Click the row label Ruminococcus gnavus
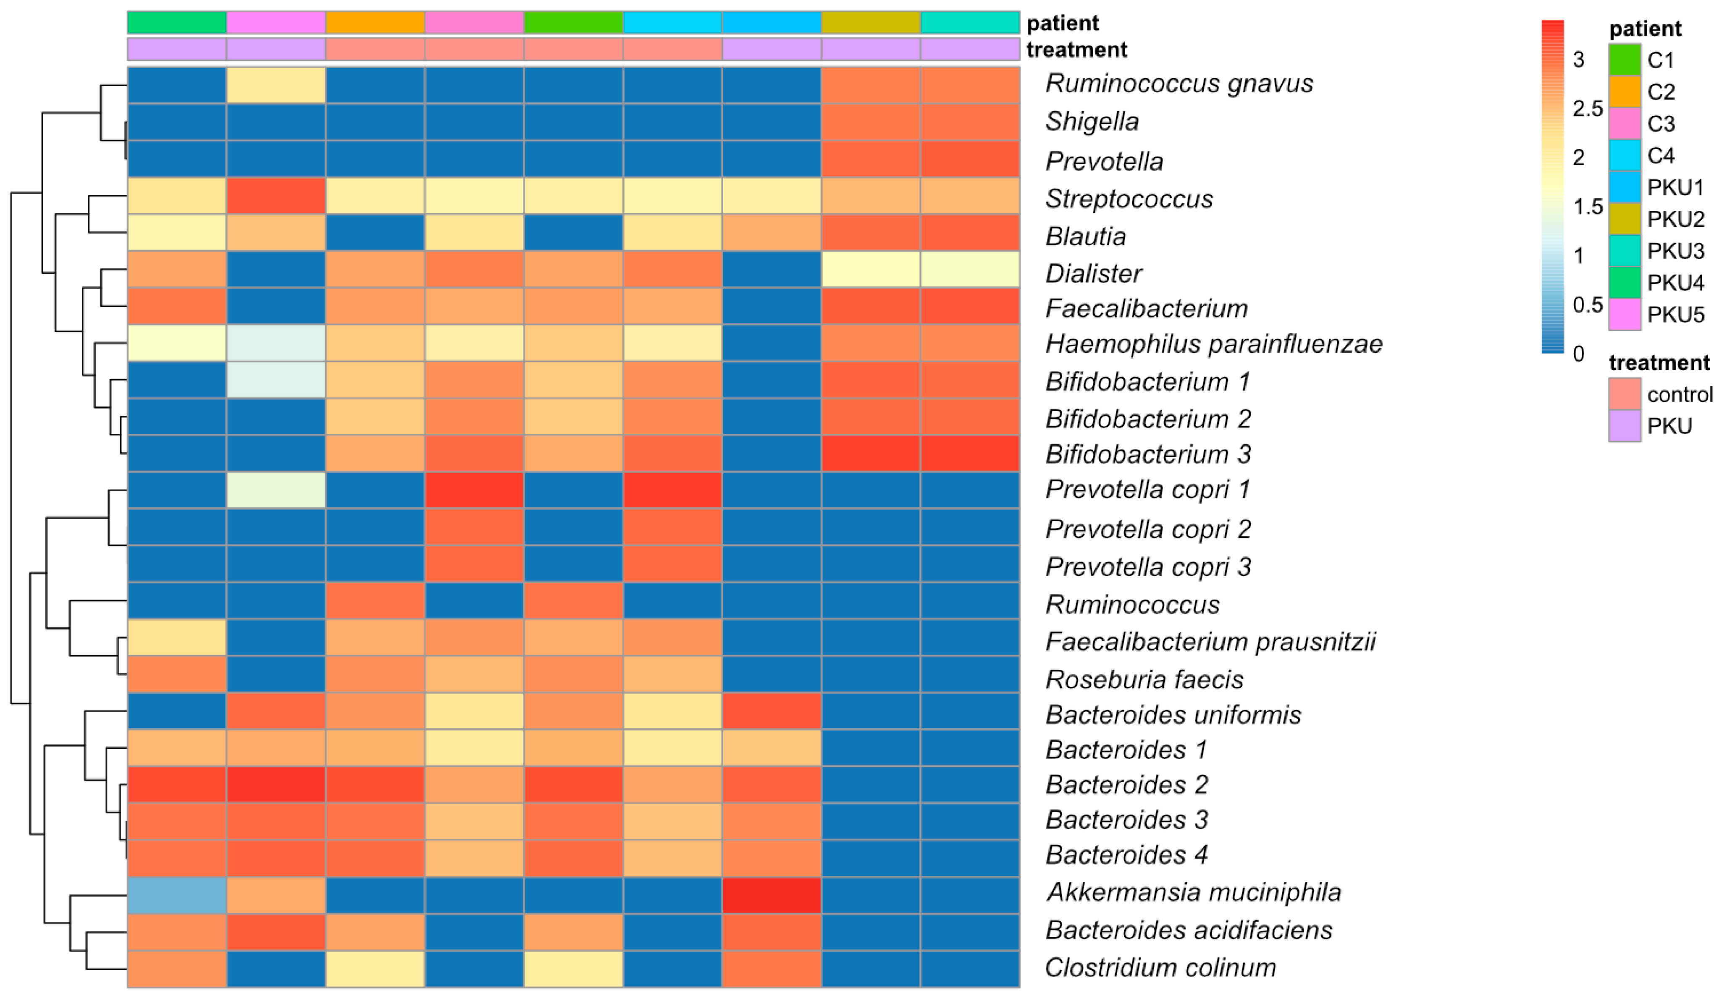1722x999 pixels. (1179, 84)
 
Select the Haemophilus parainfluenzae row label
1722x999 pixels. (1214, 343)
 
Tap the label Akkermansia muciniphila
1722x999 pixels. (1193, 892)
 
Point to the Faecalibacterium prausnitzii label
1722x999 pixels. (1210, 642)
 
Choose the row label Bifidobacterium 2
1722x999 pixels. (1148, 418)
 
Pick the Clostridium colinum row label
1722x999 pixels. (1160, 968)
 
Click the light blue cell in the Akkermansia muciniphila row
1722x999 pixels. (177, 895)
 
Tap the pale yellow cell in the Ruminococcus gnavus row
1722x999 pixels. (276, 85)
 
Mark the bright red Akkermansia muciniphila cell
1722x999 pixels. (772, 895)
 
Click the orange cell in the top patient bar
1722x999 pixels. (375, 23)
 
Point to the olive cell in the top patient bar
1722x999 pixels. (871, 23)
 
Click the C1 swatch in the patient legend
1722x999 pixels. (1624, 60)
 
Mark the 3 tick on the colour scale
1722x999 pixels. (1578, 60)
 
